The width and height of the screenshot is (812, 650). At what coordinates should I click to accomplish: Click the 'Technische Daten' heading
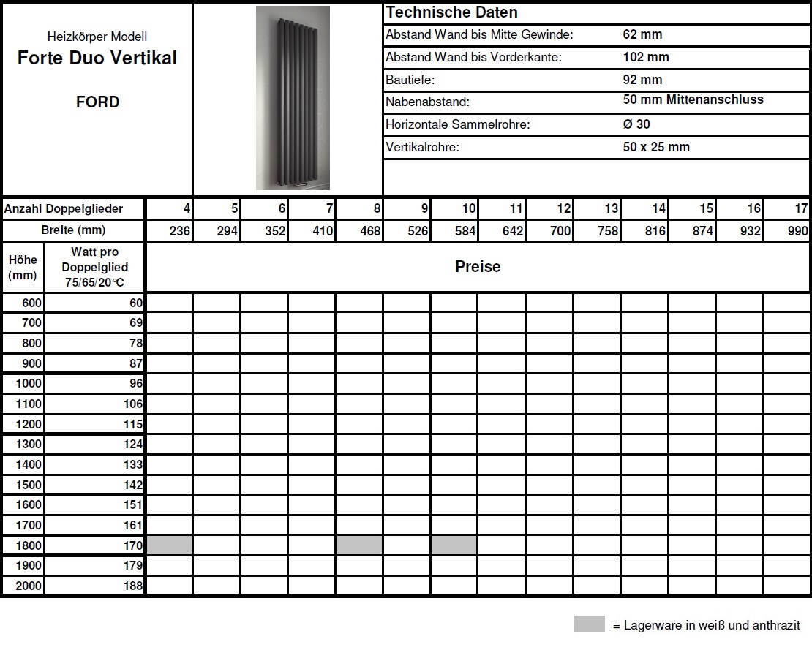pyautogui.click(x=451, y=12)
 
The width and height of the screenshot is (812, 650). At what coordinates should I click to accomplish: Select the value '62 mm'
pyautogui.click(x=642, y=34)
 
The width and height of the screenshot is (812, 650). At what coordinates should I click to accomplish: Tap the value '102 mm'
pyautogui.click(x=646, y=57)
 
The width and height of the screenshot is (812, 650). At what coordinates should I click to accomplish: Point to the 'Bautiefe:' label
pyautogui.click(x=410, y=80)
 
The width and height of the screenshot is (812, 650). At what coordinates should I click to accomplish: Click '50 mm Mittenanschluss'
pyautogui.click(x=693, y=100)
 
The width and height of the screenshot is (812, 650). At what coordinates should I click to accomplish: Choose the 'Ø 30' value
pyautogui.click(x=636, y=124)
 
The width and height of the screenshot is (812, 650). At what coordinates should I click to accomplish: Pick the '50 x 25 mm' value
pyautogui.click(x=656, y=147)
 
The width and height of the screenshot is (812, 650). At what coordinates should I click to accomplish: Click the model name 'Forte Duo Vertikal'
pyautogui.click(x=97, y=58)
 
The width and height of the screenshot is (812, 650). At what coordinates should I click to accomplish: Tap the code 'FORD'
pyautogui.click(x=97, y=102)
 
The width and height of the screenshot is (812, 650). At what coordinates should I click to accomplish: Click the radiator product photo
pyautogui.click(x=293, y=98)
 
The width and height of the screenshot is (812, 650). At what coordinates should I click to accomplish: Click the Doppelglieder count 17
pyautogui.click(x=800, y=209)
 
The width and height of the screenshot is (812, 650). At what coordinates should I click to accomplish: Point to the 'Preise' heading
pyautogui.click(x=478, y=267)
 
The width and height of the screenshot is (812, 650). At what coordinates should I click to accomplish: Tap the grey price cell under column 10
pyautogui.click(x=454, y=545)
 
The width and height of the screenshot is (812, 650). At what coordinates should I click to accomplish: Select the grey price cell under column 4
pyautogui.click(x=170, y=545)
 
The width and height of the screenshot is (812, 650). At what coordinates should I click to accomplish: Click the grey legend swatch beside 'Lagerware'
pyautogui.click(x=589, y=624)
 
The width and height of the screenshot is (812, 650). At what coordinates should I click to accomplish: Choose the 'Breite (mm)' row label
pyautogui.click(x=73, y=230)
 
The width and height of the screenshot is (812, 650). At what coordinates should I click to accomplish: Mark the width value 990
pyautogui.click(x=798, y=231)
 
